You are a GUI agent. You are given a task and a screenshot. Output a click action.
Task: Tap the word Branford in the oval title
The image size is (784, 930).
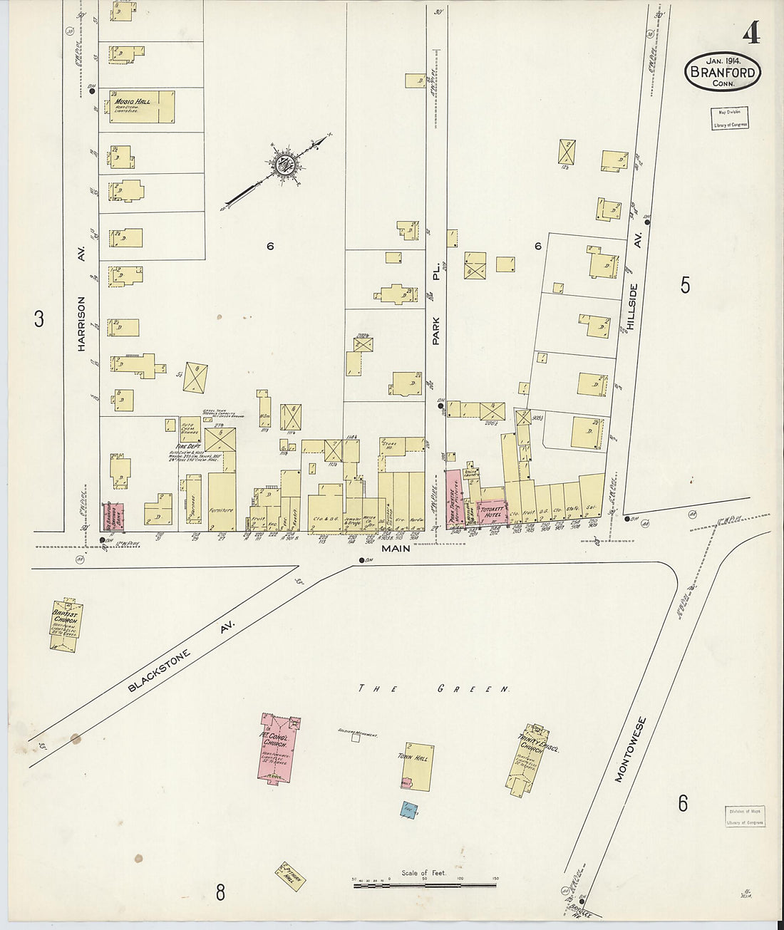722,72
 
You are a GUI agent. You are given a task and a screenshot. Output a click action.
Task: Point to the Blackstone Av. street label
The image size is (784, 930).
181,657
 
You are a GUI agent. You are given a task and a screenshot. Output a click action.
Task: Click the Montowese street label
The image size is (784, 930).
629,749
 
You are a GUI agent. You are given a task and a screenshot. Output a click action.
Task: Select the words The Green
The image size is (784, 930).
434,689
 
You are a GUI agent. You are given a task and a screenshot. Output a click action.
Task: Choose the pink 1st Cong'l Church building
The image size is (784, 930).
277,748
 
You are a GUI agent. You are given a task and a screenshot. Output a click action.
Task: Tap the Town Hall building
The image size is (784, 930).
415,768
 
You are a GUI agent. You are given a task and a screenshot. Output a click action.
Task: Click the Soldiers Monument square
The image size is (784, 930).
355,738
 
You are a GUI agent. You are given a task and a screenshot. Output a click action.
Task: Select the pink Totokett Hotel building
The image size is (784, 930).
492,511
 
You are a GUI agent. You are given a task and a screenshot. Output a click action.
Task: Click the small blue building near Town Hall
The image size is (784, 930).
408,810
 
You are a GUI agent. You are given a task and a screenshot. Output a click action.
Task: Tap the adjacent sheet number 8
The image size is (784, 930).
220,892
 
